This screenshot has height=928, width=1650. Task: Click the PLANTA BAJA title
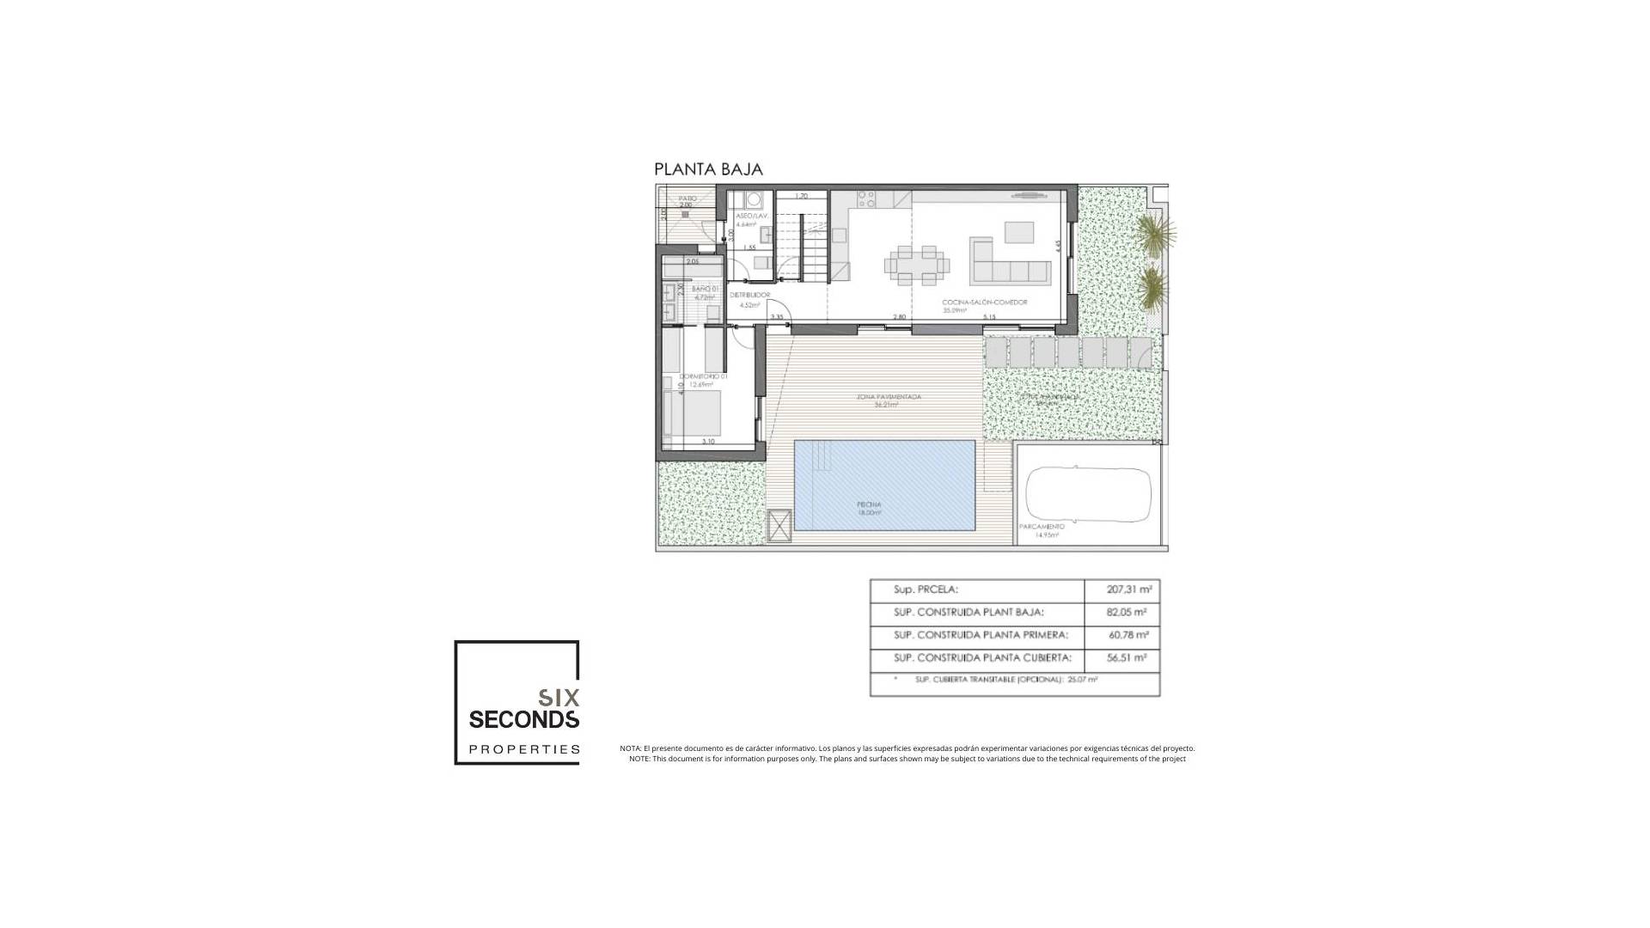(708, 169)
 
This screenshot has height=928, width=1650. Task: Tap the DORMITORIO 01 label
(703, 376)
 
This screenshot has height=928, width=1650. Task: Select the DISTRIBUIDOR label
(749, 295)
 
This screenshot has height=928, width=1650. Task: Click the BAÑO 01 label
(705, 289)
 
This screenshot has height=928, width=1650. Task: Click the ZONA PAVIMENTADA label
(889, 397)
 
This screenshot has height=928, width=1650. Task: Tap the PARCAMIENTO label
(1042, 526)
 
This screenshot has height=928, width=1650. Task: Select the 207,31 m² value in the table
(1129, 589)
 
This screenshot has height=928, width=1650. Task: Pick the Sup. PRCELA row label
(926, 589)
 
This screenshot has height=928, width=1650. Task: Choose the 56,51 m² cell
(1127, 658)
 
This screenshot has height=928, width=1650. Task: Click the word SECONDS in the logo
(523, 718)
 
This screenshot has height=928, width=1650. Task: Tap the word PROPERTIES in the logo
(523, 749)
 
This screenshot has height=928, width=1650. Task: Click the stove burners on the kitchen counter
(866, 199)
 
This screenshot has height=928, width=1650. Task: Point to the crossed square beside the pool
(779, 525)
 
